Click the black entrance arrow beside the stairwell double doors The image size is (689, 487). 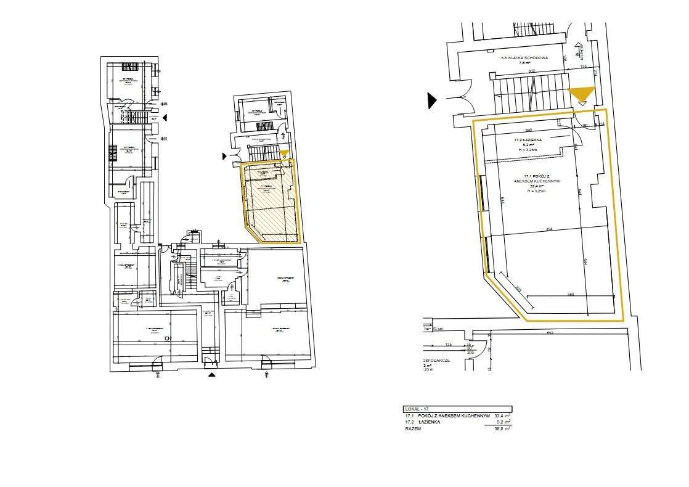pyautogui.click(x=433, y=100)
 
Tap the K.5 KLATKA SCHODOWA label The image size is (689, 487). pyautogui.click(x=524, y=57)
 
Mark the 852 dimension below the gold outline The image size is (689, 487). pyautogui.click(x=549, y=334)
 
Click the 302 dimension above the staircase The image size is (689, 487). pyautogui.click(x=531, y=71)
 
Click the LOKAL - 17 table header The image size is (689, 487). pyautogui.click(x=417, y=409)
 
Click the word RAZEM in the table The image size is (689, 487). pyautogui.click(x=413, y=428)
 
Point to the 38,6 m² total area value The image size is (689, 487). pyautogui.click(x=502, y=428)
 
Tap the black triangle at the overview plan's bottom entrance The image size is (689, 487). pyautogui.click(x=212, y=374)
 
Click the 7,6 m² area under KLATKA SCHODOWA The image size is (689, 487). pyautogui.click(x=524, y=63)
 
